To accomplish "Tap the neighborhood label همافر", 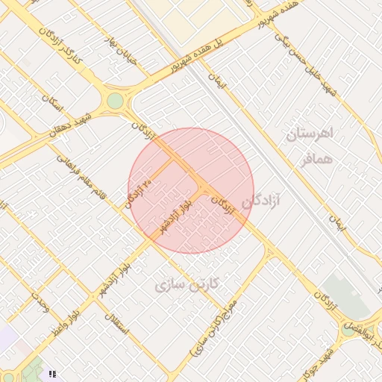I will tap(316, 158).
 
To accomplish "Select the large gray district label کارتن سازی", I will tap(187, 285).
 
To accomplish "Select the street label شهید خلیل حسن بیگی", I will tap(310, 63).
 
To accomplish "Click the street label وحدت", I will tap(40, 301).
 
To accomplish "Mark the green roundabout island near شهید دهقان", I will tap(115, 101).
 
